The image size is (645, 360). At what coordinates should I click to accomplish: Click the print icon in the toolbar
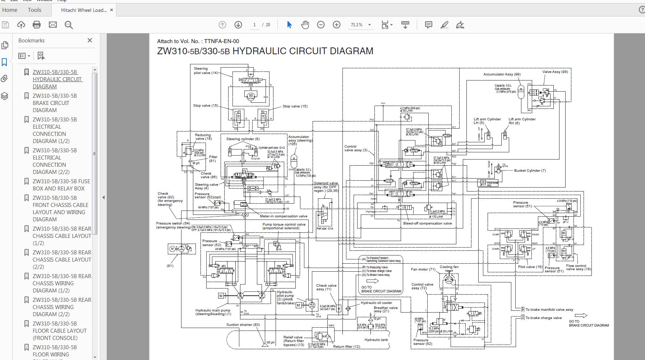[x=37, y=25]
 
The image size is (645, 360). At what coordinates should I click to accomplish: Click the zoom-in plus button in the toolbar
[x=336, y=25]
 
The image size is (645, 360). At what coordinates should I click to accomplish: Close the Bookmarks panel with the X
[x=90, y=40]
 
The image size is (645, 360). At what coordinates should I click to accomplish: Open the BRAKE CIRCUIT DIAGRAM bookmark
[x=55, y=103]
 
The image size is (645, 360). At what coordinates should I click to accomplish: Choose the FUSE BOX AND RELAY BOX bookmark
[x=61, y=185]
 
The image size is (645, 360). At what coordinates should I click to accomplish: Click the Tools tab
[x=34, y=10]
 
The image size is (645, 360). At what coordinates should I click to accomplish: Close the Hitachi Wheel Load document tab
[x=111, y=10]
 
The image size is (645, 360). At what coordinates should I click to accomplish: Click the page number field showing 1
[x=254, y=25]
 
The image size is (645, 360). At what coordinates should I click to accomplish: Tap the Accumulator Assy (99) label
[x=502, y=74]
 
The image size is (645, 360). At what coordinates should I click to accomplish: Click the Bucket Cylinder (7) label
[x=530, y=171]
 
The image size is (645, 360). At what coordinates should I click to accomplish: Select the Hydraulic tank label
[x=376, y=340]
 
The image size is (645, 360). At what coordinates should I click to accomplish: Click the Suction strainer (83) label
[x=243, y=325]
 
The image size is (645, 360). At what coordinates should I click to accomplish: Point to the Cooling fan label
[x=449, y=267]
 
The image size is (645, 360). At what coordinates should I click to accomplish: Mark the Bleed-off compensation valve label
[x=427, y=223]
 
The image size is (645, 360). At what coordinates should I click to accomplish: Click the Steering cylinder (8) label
[x=243, y=139]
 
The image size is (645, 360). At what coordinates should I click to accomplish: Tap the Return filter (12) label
[x=346, y=347]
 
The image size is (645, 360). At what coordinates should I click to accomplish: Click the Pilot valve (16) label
[x=530, y=267]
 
